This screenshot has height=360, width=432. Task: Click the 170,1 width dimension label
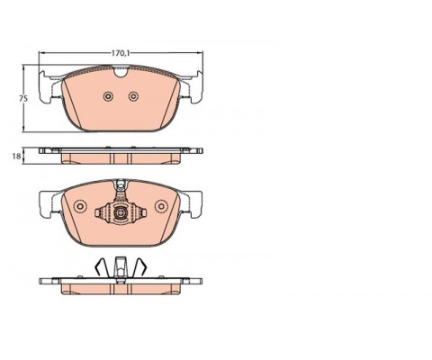121,53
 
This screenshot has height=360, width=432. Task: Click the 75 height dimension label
23,98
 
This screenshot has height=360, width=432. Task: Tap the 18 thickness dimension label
16,157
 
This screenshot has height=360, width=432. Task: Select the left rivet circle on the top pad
108,96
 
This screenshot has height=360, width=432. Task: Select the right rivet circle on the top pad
133,96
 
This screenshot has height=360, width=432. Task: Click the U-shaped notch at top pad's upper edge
121,72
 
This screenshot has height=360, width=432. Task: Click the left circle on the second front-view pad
80,206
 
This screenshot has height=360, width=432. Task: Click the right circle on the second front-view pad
161,206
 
